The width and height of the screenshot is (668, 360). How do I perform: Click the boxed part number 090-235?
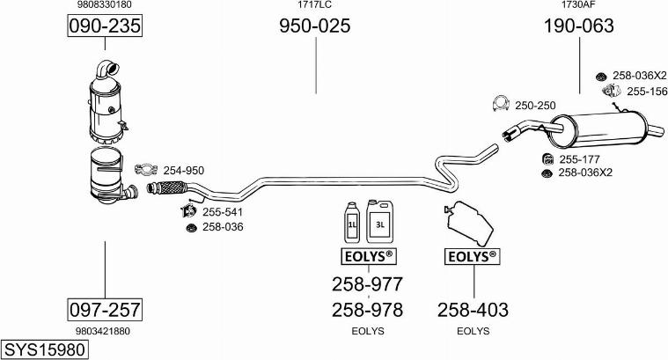105,26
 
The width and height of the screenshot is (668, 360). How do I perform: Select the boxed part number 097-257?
105,309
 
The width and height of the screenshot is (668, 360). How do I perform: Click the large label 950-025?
315,26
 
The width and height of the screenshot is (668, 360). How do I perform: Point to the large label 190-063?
578,26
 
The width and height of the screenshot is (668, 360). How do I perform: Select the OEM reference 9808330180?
105,5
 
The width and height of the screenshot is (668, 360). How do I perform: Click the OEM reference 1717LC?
314,5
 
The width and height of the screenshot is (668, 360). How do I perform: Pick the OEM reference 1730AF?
578,5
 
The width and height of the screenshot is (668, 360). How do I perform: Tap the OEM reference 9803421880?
105,331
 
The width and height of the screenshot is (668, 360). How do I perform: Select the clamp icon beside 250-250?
500,105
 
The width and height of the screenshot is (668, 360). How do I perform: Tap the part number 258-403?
473,309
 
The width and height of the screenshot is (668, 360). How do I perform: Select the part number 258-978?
367,309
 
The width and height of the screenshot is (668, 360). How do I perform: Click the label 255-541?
223,212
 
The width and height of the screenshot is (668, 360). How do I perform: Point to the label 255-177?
578,158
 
